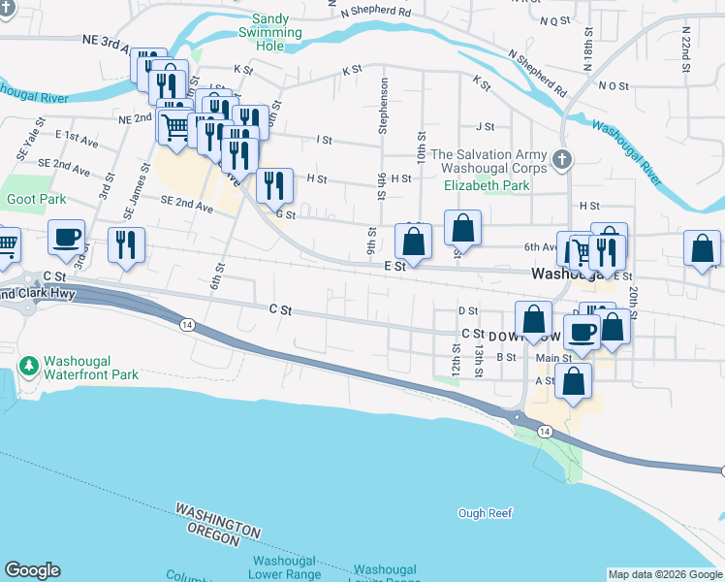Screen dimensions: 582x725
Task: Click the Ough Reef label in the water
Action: (484, 512)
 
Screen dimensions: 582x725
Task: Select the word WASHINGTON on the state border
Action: (218, 521)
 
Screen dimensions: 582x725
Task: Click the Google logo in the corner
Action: (32, 570)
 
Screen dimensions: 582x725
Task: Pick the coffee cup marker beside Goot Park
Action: (67, 238)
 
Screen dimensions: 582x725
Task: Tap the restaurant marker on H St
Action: (274, 185)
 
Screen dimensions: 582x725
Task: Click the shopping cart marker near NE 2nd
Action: (175, 128)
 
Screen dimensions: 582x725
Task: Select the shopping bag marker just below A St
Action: (574, 382)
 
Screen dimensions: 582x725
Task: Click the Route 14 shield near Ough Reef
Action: (545, 432)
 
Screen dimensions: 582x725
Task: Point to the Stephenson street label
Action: (384, 106)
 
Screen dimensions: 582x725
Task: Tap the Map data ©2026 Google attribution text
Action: (665, 574)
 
